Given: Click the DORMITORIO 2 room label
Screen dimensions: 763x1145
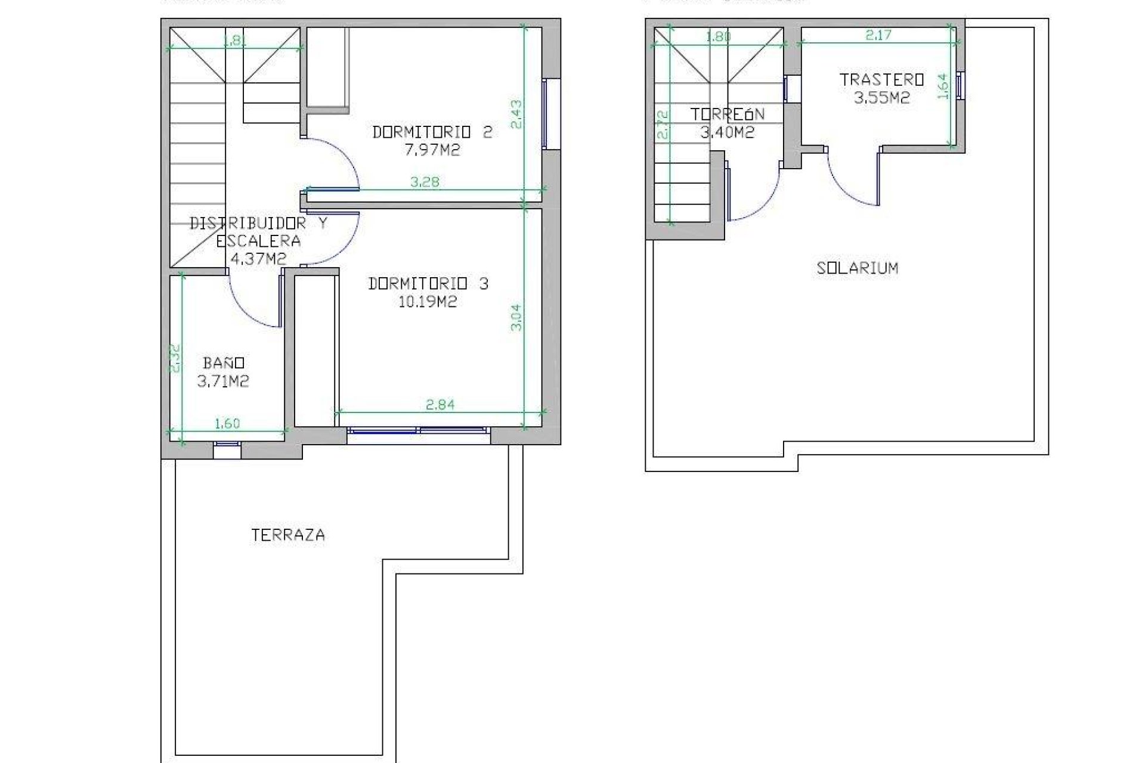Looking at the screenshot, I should pos(432,132).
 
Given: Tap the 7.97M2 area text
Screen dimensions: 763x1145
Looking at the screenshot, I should pos(432,150).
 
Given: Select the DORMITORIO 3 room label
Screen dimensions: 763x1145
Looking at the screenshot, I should pos(428,284).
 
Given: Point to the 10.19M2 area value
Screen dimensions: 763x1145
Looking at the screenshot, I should pos(427,302).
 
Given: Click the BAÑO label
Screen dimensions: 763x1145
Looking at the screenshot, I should pos(224,363).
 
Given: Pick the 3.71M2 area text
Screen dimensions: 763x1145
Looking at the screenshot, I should pos(223,381).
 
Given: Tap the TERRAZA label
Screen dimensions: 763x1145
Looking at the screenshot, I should pos(288,535).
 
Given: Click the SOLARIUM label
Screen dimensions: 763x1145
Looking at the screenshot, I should pos(857,268).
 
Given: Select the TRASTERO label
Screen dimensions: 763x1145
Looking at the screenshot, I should pos(881,80).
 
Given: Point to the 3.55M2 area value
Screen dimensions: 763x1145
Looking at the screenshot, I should pos(881,98).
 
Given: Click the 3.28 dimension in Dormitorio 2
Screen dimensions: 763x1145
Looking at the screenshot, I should pos(425,182).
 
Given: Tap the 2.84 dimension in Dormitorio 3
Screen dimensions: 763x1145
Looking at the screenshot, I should pos(440,405).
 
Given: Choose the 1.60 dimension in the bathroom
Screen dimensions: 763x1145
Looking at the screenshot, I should pos(227,423).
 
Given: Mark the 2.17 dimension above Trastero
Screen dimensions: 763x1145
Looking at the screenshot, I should pos(878,35).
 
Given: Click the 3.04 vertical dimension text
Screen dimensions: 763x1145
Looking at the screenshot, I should pos(516,317).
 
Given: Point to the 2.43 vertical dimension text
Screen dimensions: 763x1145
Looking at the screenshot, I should pos(516,114).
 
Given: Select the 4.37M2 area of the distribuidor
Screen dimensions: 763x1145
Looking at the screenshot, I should pos(258,259).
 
